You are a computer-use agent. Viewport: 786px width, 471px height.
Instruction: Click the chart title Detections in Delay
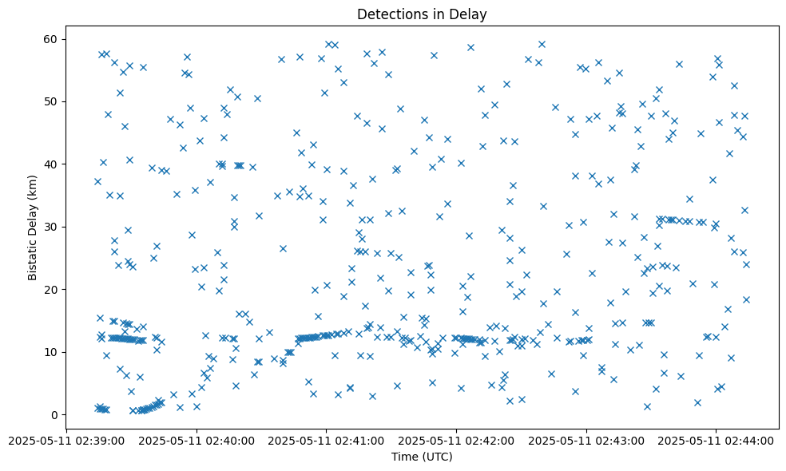(x=422, y=14)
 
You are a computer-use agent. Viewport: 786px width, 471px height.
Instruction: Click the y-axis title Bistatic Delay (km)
(x=33, y=227)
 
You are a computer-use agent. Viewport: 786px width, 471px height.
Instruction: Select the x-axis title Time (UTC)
(x=422, y=457)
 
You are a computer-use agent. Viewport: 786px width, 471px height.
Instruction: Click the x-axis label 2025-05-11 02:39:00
(x=65, y=440)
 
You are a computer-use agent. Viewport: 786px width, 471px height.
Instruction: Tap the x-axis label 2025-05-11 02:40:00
(x=196, y=440)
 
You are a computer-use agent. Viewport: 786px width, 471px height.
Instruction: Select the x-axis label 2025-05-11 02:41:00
(x=326, y=440)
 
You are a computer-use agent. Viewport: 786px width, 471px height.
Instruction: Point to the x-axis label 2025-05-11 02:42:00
(x=456, y=440)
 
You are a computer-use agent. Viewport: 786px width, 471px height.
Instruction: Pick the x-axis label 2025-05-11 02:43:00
(x=586, y=440)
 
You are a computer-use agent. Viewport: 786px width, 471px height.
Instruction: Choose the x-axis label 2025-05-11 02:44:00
(x=717, y=440)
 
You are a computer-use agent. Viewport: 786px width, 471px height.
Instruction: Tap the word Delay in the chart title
(x=470, y=14)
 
